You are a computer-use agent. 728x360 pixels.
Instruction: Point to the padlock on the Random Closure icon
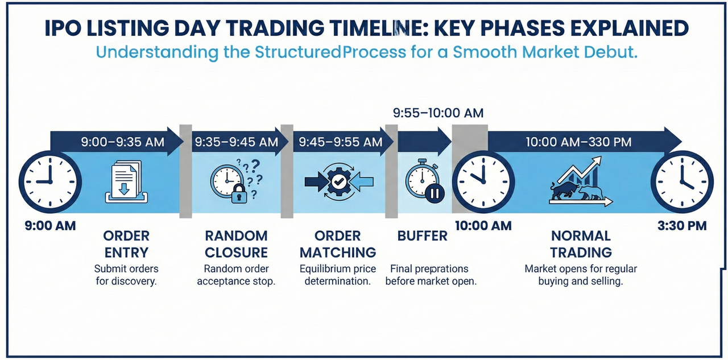(x=238, y=195)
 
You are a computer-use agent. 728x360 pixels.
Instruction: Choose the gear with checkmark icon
(x=339, y=182)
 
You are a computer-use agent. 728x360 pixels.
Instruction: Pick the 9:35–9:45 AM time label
(x=236, y=142)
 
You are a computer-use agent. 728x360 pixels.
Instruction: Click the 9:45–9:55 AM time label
(x=338, y=142)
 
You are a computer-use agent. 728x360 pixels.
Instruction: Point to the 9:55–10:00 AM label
(x=438, y=113)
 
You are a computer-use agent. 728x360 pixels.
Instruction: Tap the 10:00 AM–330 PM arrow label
(x=578, y=142)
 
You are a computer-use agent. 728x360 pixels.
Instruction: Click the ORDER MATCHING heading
(x=338, y=244)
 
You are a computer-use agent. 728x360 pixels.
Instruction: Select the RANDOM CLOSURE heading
(x=236, y=244)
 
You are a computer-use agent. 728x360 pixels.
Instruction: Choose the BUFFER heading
(x=423, y=235)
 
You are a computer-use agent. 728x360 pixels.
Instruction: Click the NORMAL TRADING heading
(x=581, y=244)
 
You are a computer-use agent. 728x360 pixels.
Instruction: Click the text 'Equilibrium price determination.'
(x=338, y=275)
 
